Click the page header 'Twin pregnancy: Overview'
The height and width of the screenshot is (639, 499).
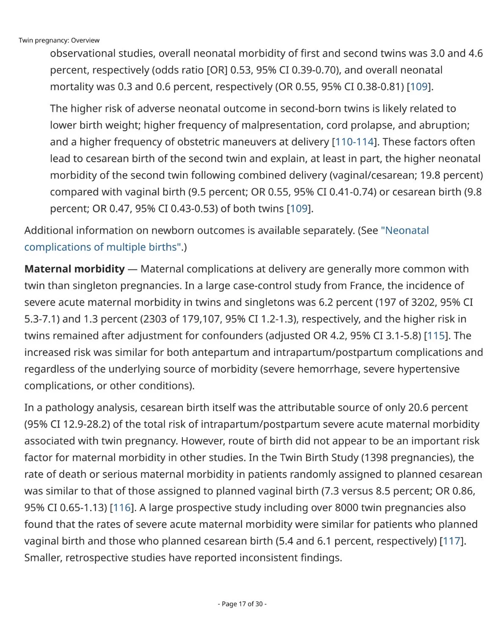pyautogui.click(x=59, y=41)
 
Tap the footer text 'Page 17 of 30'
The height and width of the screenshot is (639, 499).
pyautogui.click(x=242, y=604)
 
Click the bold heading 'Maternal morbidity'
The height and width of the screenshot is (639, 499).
pyautogui.click(x=74, y=269)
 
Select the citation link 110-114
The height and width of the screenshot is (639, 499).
pyautogui.click(x=354, y=142)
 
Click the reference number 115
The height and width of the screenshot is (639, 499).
pyautogui.click(x=436, y=336)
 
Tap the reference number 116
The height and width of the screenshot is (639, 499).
pyautogui.click(x=122, y=507)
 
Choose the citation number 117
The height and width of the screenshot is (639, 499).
pyautogui.click(x=451, y=541)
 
